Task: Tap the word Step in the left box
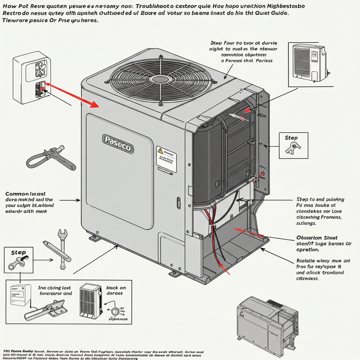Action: [18, 252]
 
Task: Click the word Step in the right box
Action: [291, 138]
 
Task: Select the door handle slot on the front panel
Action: [178, 203]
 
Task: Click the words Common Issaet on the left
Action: [25, 194]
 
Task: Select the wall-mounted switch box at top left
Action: [31, 75]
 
